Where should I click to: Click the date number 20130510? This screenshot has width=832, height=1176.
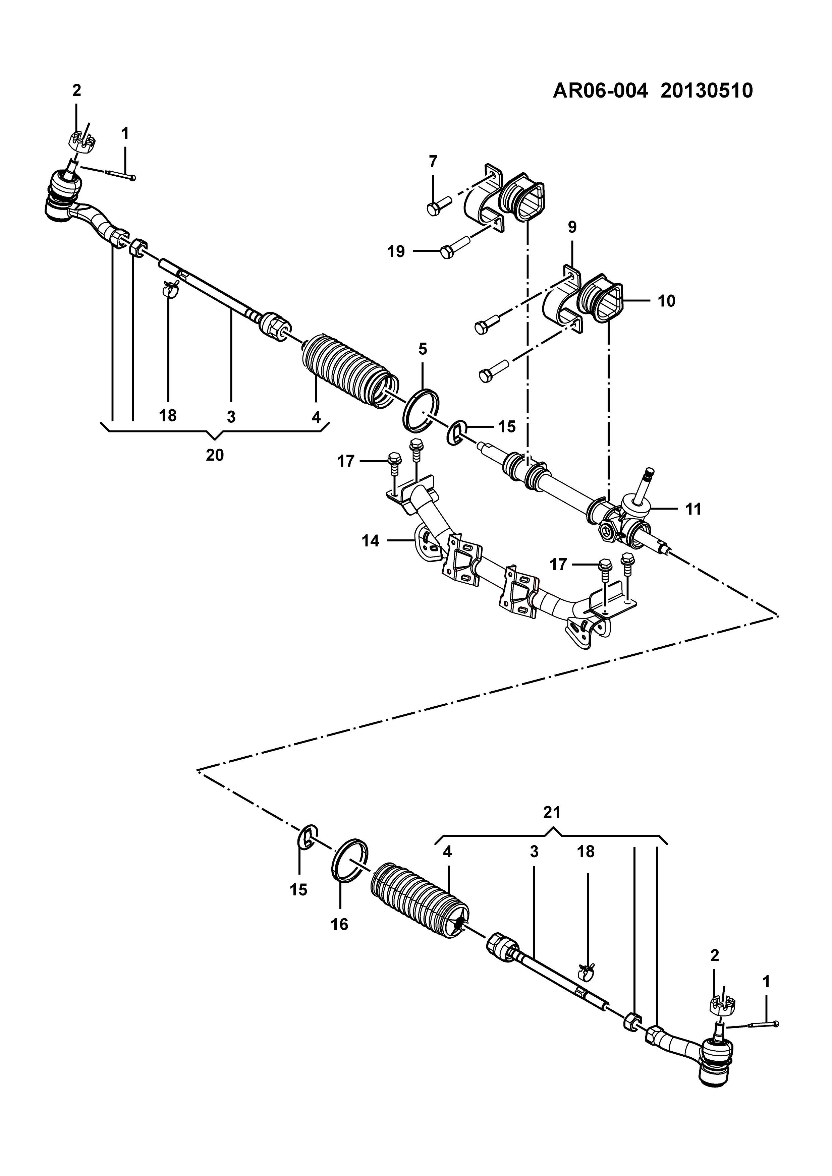(x=707, y=91)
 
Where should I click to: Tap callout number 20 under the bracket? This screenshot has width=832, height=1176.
(x=215, y=455)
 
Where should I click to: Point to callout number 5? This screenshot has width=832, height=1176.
(x=422, y=349)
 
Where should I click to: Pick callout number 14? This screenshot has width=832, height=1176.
(x=371, y=541)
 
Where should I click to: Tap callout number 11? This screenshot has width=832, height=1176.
(x=693, y=509)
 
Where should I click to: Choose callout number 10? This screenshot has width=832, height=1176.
(x=667, y=301)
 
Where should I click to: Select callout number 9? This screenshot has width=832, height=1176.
(x=572, y=227)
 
